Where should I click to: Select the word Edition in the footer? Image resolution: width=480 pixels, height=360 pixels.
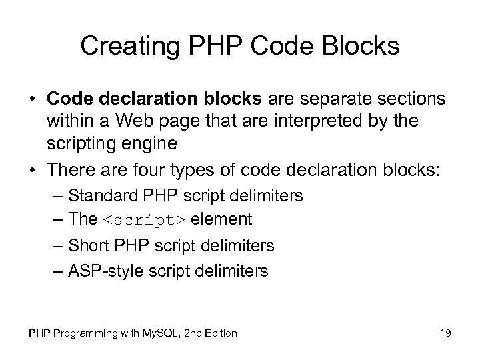(218, 333)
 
